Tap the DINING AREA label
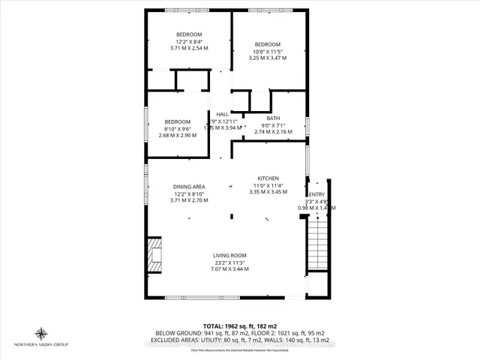coord(189,186)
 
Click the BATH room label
coord(273,118)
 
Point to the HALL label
coord(223,114)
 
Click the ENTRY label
coord(318,194)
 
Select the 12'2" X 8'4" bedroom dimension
coord(188,41)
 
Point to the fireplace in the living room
coord(154,254)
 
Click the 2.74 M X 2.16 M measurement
coord(273,132)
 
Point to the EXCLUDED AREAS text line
coord(240,341)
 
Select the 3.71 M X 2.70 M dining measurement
coord(189,200)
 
